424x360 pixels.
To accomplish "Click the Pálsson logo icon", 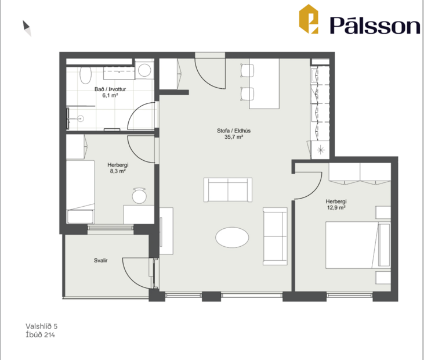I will click(309, 19).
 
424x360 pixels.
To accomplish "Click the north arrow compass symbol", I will click(27, 27).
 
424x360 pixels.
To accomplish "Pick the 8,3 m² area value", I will click(118, 172).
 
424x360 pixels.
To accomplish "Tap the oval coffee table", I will click(233, 237).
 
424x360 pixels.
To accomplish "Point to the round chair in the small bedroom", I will click(139, 196).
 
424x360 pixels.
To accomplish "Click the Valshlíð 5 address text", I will click(42, 327).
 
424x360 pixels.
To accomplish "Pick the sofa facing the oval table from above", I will click(229, 189).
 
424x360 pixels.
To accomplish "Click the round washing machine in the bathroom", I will click(145, 70).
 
